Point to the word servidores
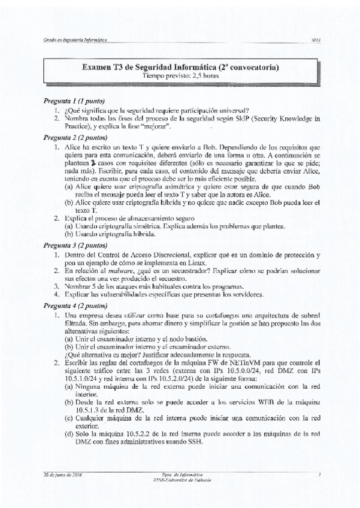click(x=248, y=295)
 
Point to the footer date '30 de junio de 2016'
click(x=62, y=474)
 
